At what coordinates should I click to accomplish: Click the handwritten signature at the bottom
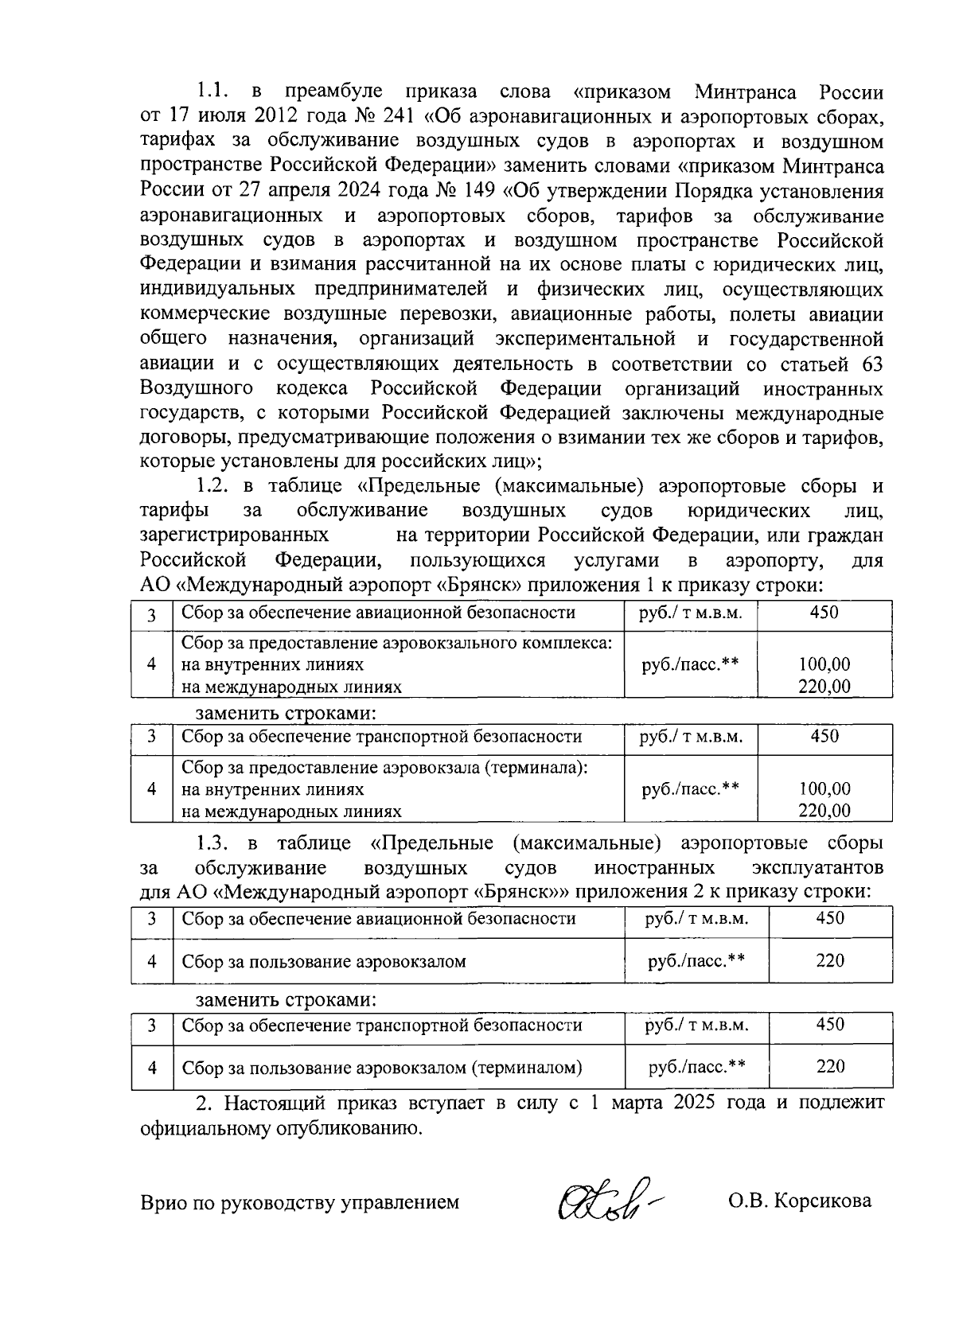[x=608, y=1199]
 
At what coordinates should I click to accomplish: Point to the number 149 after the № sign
[x=479, y=191]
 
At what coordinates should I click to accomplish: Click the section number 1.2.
[x=213, y=485]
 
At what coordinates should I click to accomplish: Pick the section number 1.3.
[x=213, y=843]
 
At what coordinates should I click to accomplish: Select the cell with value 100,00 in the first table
[x=824, y=664]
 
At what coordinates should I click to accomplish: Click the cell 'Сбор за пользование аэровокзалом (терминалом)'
[x=382, y=1068]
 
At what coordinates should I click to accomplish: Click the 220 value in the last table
[x=829, y=1067]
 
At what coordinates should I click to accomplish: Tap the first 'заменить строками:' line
[x=286, y=712]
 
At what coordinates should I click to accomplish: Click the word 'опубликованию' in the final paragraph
[x=348, y=1128]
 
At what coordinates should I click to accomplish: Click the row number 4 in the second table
[x=152, y=788]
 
